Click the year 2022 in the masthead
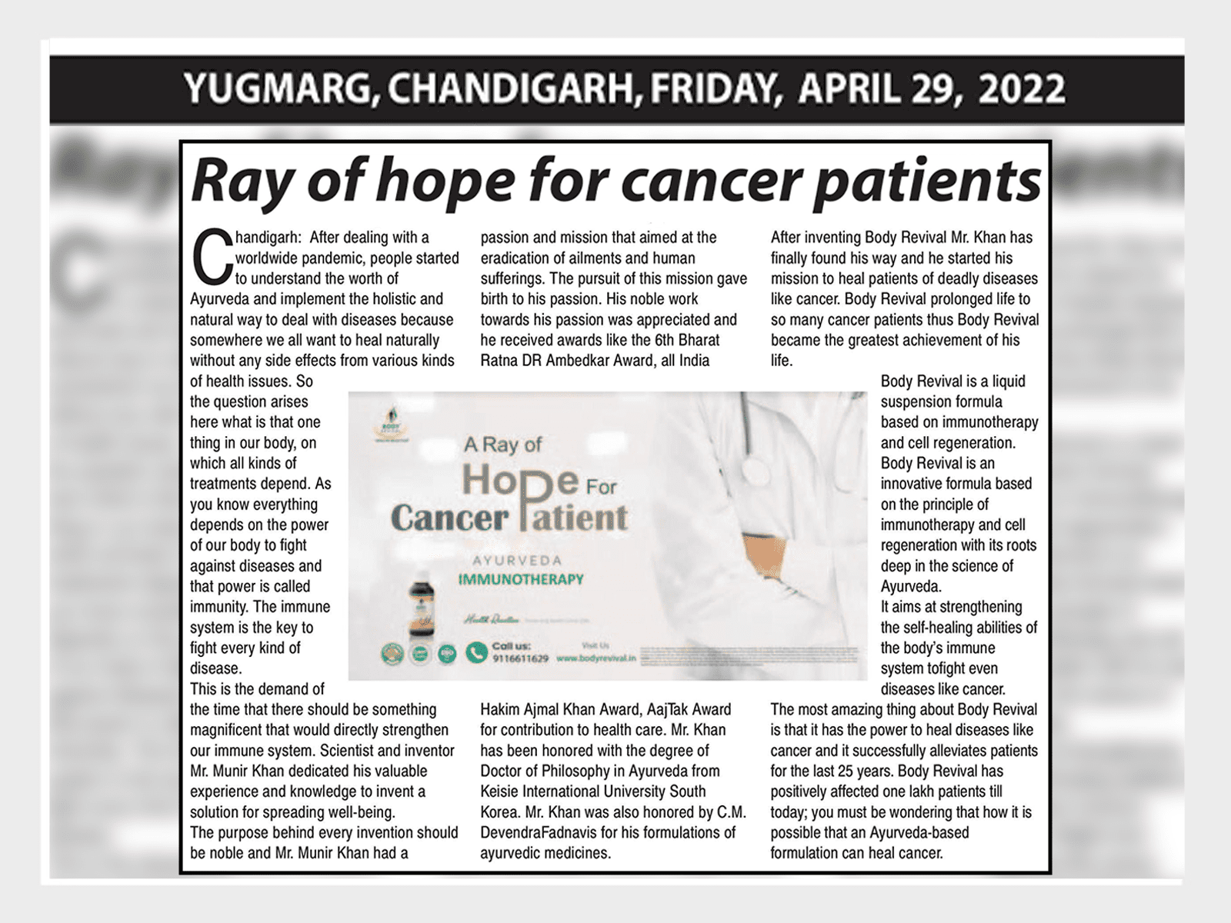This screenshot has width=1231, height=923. [x=1022, y=89]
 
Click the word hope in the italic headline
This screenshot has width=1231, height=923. [x=446, y=182]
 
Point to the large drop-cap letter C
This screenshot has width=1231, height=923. [x=211, y=257]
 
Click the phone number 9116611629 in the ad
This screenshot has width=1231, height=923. [x=520, y=659]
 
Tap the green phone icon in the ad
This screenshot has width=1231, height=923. [x=476, y=653]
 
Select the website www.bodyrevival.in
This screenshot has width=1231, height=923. [x=595, y=659]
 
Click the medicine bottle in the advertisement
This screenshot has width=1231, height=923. [x=422, y=608]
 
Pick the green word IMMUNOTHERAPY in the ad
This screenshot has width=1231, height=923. [x=521, y=579]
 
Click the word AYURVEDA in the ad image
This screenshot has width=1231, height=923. [x=517, y=561]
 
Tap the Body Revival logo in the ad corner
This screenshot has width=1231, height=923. [x=392, y=424]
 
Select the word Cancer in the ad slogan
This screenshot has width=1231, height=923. [x=449, y=518]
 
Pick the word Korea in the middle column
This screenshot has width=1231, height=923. [x=500, y=812]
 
